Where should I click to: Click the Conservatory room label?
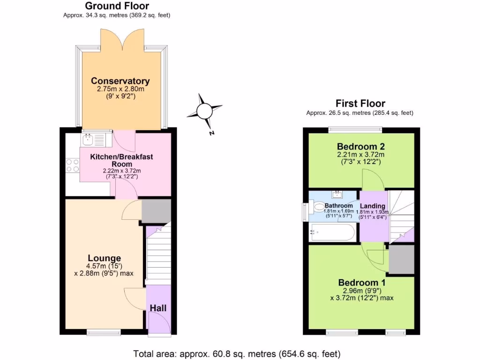point(120,81)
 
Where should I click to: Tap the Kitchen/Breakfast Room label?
point(122,160)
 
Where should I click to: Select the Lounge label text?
point(105,258)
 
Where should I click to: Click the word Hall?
point(158,308)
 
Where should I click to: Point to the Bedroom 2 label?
point(361,146)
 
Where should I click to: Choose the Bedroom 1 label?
point(361,283)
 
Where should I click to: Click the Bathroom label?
point(339,206)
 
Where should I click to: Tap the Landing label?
point(373,206)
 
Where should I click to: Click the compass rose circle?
point(204,111)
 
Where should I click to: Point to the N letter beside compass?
point(212,133)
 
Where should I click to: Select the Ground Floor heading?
point(117,6)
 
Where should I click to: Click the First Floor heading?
point(360,104)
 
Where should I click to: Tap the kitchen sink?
point(94,139)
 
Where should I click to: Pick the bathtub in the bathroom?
point(333,232)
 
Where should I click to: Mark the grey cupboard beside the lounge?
point(157,211)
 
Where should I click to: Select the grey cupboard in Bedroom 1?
point(402,260)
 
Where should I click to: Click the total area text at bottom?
point(237,353)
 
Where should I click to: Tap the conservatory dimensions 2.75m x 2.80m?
point(120,89)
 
